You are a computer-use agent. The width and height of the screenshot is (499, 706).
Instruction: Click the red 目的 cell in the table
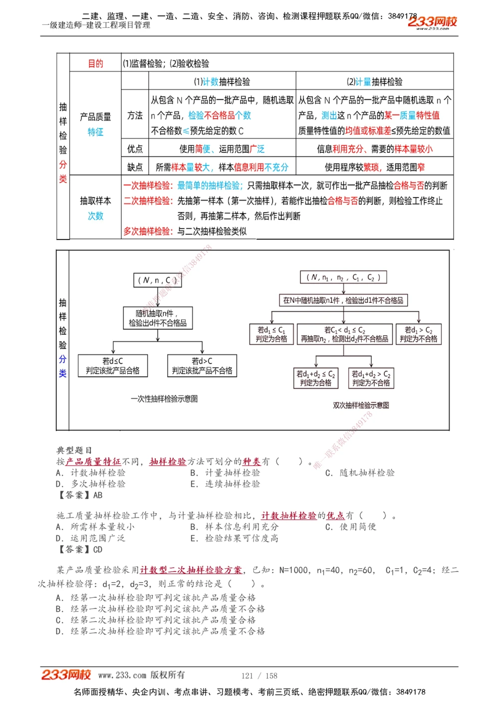(95, 63)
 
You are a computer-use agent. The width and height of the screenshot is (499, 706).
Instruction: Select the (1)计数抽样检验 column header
(222, 82)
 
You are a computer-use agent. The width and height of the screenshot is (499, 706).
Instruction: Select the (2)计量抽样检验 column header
(374, 82)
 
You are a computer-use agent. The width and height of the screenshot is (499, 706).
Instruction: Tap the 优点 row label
(135, 149)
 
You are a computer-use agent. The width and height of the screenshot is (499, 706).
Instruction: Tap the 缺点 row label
(135, 167)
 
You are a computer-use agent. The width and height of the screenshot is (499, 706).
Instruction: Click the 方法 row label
(135, 115)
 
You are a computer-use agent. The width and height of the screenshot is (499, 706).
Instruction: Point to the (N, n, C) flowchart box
(157, 280)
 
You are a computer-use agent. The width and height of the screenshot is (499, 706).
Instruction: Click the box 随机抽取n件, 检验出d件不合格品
(158, 318)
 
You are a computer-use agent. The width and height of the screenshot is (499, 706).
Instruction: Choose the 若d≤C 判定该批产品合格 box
(113, 366)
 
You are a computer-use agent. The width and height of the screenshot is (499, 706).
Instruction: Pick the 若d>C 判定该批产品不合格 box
(202, 366)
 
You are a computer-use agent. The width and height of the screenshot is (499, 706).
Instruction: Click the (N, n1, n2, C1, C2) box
(343, 277)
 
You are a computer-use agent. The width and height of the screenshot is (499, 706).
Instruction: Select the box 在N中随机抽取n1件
(343, 300)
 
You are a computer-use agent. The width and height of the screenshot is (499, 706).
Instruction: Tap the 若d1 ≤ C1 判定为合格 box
(271, 334)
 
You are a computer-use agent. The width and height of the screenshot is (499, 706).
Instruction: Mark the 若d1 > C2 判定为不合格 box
(418, 334)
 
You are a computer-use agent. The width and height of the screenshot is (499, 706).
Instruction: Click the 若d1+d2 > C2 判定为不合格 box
(371, 378)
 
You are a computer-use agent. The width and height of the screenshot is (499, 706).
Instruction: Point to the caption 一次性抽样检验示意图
(164, 399)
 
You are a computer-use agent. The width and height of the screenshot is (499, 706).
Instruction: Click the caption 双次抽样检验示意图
(361, 406)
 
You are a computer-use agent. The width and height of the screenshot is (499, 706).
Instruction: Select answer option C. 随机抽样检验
(360, 473)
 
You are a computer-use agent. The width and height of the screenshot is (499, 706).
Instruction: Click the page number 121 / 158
(259, 676)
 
